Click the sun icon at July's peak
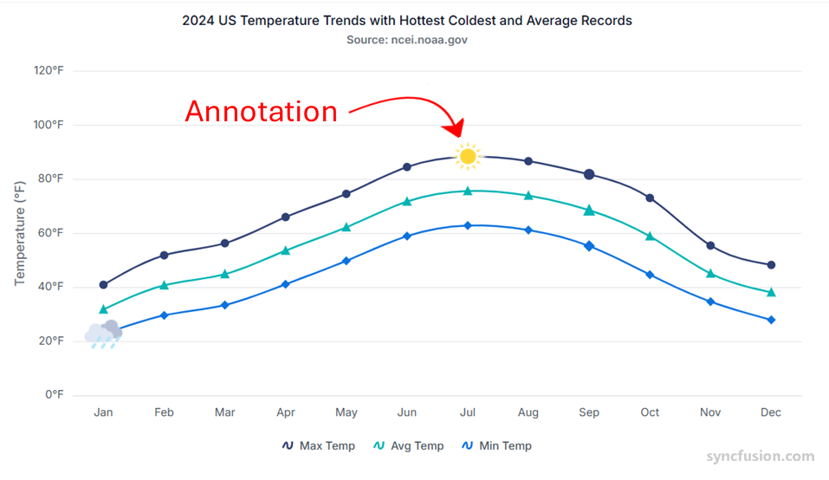pyautogui.click(x=468, y=156)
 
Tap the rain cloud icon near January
pyautogui.click(x=104, y=334)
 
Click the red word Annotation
pyautogui.click(x=261, y=112)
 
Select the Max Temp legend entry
pyautogui.click(x=318, y=446)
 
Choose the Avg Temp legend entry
pyautogui.click(x=408, y=446)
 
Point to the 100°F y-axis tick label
pyautogui.click(x=49, y=125)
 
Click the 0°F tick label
pyautogui.click(x=55, y=395)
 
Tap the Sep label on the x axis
pyautogui.click(x=589, y=412)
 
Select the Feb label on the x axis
pyautogui.click(x=164, y=412)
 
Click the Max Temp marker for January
pyautogui.click(x=104, y=285)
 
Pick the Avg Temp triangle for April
pyautogui.click(x=286, y=250)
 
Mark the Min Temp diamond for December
pyautogui.click(x=771, y=320)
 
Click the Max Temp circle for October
pyautogui.click(x=650, y=198)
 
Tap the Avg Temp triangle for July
pyautogui.click(x=468, y=191)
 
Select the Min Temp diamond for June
pyautogui.click(x=407, y=236)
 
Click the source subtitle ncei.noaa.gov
pyautogui.click(x=406, y=40)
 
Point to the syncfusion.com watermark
pyautogui.click(x=760, y=457)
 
